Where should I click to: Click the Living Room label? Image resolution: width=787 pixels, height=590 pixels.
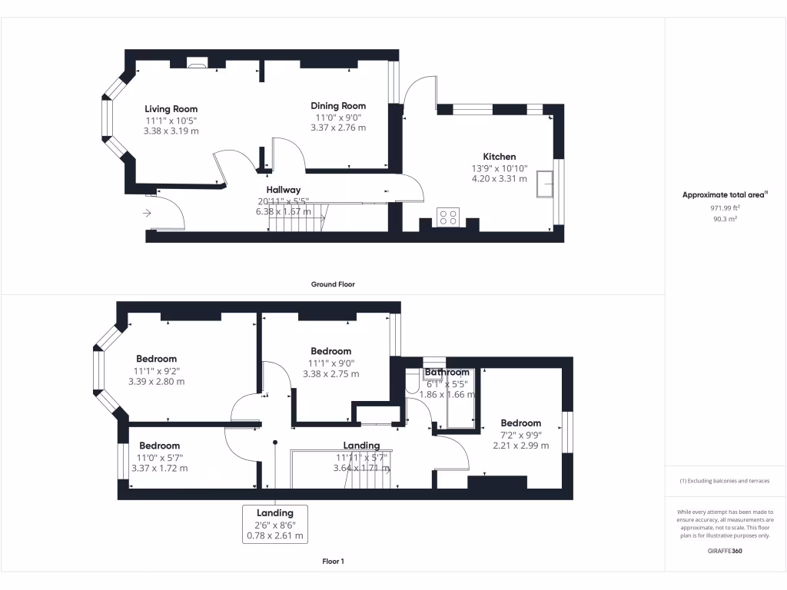(171, 109)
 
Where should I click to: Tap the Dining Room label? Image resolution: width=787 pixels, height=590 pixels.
(338, 106)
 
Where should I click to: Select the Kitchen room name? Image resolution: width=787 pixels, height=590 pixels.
(499, 157)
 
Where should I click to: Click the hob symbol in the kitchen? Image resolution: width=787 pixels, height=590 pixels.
(448, 217)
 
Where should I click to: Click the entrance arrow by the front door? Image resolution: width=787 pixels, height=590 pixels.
(147, 213)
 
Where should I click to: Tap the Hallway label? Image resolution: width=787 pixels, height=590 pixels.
(284, 190)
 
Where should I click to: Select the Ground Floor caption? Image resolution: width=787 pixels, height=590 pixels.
(333, 284)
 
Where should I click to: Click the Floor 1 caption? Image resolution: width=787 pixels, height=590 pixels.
(333, 562)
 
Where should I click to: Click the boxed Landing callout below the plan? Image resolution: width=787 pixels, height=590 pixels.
(274, 524)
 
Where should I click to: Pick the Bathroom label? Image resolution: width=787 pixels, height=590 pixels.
(447, 373)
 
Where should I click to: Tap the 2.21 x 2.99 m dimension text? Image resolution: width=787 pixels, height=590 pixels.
(520, 446)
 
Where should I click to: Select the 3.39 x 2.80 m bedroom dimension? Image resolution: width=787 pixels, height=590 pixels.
(156, 382)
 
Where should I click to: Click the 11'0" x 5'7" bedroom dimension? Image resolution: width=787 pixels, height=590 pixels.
(159, 457)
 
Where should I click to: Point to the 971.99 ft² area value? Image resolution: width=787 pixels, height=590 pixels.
(726, 208)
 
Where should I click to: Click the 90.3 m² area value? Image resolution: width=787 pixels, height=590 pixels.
(726, 219)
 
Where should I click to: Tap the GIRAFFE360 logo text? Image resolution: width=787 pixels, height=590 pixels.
(726, 551)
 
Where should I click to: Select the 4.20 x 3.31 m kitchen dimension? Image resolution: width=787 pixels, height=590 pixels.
(499, 179)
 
